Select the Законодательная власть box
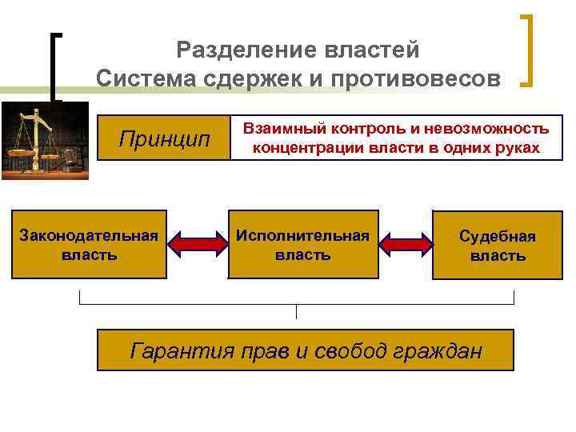89,244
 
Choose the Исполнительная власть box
302,244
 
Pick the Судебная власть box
497,244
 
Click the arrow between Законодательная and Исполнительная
198,244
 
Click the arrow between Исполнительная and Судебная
406,244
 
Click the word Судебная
497,236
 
